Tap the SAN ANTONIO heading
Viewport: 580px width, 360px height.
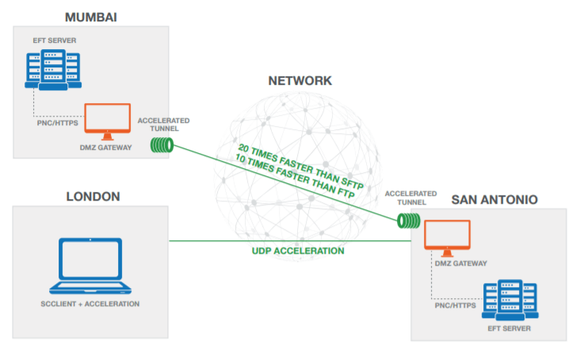(x=494, y=200)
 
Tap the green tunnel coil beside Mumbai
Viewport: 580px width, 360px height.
(x=162, y=145)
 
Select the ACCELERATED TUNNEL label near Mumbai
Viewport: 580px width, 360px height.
(x=163, y=125)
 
